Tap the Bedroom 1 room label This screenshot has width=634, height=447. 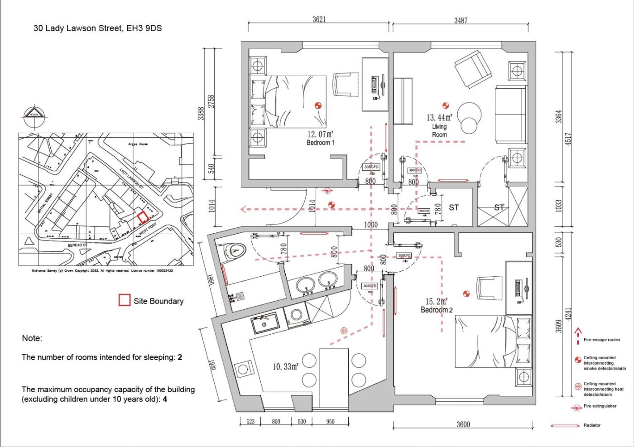point(320,143)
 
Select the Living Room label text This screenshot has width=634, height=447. point(439,130)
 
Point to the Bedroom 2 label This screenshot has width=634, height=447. point(436,310)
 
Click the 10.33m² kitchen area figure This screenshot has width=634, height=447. point(285,366)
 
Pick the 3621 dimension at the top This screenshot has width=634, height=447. point(319,19)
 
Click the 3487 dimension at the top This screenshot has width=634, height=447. point(461,20)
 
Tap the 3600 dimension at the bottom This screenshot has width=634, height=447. point(463,424)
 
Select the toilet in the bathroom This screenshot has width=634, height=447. point(234,250)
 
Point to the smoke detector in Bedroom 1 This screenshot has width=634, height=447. point(318,106)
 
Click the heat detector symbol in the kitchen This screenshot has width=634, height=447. point(344,331)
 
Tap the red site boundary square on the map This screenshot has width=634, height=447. point(143,217)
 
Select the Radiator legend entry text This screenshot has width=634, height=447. point(592,425)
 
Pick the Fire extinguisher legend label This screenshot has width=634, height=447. point(600,406)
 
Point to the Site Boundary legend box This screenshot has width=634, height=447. point(124,300)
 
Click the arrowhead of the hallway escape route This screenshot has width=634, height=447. point(243,209)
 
